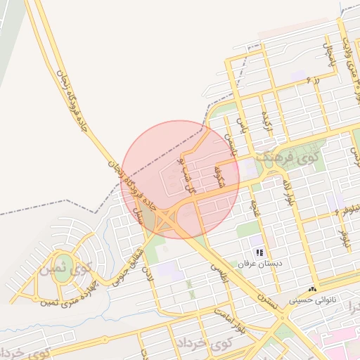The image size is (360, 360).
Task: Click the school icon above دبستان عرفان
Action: click(x=259, y=252)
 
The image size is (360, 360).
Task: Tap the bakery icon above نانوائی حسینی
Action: click(x=313, y=289)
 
